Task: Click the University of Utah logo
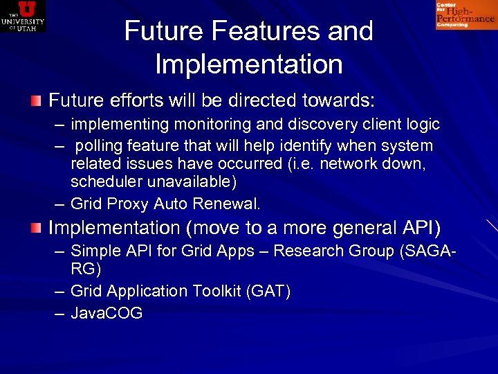23,16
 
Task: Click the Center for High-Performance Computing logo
465,15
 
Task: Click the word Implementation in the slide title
249,64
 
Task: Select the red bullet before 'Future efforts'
36,101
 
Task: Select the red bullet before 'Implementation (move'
36,228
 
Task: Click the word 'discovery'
323,125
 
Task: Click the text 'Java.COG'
107,313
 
